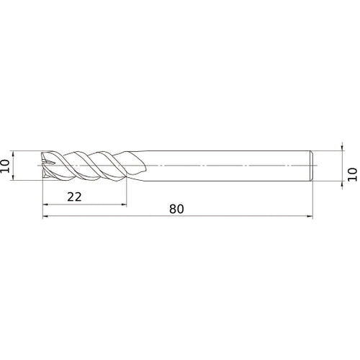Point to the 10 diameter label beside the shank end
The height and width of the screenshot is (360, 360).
352,173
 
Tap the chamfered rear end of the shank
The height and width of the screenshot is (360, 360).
311,165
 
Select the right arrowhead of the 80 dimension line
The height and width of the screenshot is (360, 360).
310,216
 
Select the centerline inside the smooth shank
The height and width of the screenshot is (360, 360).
230,165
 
